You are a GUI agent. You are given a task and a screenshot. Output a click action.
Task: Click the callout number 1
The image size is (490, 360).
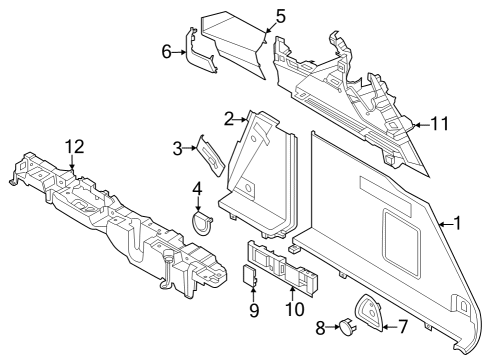pyautogui.click(x=457, y=223)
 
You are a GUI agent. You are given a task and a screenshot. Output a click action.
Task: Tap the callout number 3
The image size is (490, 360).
pyautogui.click(x=178, y=149)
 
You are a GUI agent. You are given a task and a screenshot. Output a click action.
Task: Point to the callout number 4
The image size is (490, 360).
pyautogui.click(x=197, y=186)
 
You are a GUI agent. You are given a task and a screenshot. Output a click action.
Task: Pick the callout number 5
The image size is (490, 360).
pyautogui.click(x=280, y=16)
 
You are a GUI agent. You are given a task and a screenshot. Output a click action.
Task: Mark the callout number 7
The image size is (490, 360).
pyautogui.click(x=404, y=324)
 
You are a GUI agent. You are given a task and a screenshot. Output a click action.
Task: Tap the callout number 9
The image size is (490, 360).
pyautogui.click(x=254, y=310)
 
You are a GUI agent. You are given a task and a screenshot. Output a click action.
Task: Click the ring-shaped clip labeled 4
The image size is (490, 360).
pyautogui.click(x=202, y=220)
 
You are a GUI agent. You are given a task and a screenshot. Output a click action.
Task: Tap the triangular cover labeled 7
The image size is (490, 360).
pyautogui.click(x=371, y=312)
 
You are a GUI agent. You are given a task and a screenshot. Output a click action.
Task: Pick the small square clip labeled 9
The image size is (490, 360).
pyautogui.click(x=253, y=277)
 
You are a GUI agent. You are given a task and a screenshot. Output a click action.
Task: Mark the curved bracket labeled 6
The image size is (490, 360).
pyautogui.click(x=203, y=59)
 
